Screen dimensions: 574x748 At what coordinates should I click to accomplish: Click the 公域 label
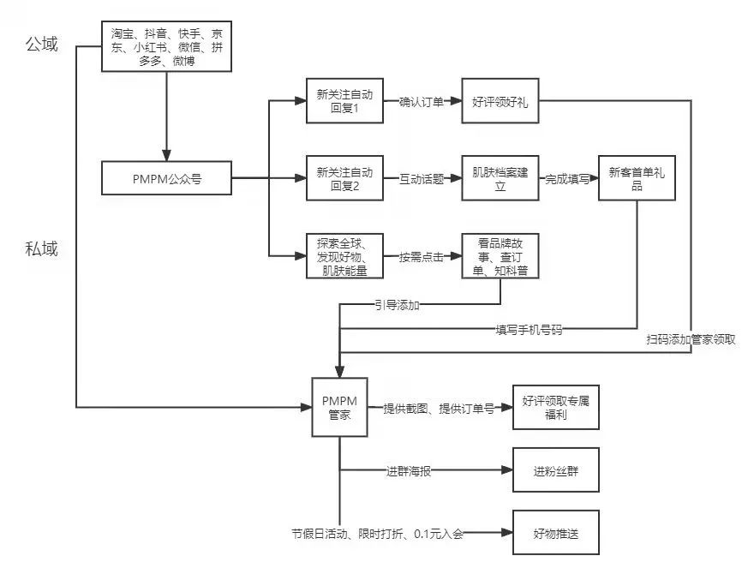pyautogui.click(x=42, y=44)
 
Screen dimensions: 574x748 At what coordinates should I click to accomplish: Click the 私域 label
pyautogui.click(x=42, y=249)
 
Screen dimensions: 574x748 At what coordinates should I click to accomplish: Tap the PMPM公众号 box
pyautogui.click(x=166, y=179)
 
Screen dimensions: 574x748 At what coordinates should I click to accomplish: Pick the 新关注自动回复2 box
pyautogui.click(x=344, y=179)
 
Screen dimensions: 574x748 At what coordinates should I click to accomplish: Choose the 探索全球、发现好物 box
pyautogui.click(x=344, y=255)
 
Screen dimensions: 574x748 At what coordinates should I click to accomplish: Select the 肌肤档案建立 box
pyautogui.click(x=500, y=179)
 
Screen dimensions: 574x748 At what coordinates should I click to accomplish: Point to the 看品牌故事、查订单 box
pyautogui.click(x=500, y=255)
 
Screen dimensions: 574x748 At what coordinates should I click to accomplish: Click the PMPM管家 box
pyautogui.click(x=339, y=407)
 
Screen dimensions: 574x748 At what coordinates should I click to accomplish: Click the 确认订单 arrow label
pyautogui.click(x=422, y=100)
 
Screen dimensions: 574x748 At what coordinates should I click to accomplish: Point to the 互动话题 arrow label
pyautogui.click(x=422, y=179)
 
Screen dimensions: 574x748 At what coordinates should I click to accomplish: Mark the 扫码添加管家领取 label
pyautogui.click(x=691, y=339)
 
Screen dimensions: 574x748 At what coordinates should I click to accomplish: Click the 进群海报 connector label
pyautogui.click(x=410, y=470)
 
